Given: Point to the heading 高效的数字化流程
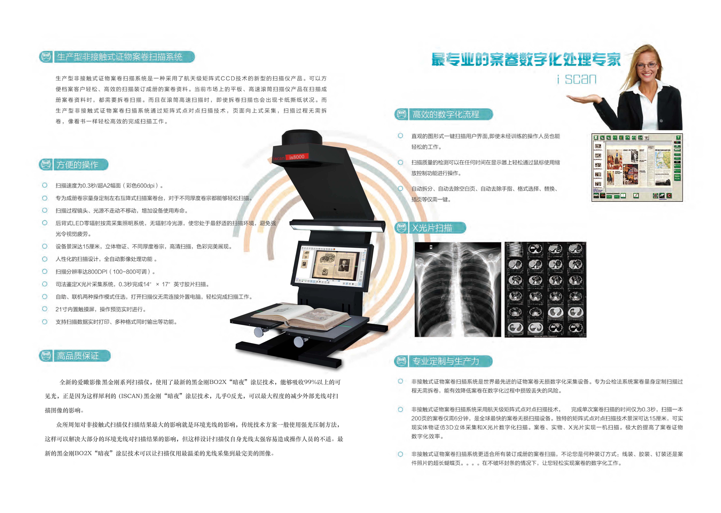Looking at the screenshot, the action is [x=446, y=114].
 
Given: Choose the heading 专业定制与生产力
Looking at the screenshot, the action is [x=446, y=361].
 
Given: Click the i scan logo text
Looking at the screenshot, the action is [x=577, y=79].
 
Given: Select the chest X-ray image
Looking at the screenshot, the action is [x=458, y=289].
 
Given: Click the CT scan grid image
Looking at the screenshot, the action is [x=545, y=289].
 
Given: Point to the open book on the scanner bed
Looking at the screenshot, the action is [x=300, y=316].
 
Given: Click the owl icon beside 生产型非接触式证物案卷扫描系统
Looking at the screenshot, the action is [x=46, y=57].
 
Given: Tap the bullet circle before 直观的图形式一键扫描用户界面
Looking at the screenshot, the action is [x=400, y=136].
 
